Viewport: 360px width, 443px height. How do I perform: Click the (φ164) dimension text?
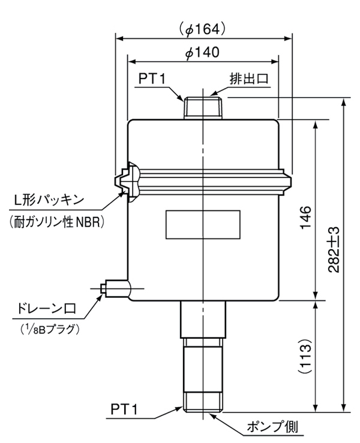(x=203, y=28)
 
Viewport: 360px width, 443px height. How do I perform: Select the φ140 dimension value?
(x=203, y=53)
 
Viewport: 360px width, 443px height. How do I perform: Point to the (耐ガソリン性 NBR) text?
(x=58, y=222)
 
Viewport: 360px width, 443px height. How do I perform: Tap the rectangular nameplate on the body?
(x=203, y=225)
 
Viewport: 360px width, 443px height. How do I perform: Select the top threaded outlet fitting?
(x=203, y=107)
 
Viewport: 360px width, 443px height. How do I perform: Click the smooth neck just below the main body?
(x=203, y=318)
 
